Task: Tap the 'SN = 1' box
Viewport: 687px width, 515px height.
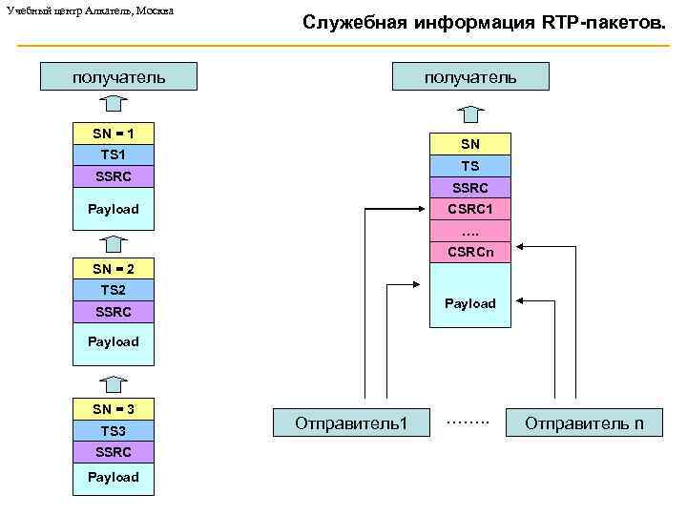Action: point(114,133)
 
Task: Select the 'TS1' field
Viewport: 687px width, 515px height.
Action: point(114,154)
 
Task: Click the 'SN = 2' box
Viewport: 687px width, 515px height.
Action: point(114,268)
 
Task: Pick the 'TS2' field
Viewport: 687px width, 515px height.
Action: point(114,290)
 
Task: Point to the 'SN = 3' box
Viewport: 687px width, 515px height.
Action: point(114,409)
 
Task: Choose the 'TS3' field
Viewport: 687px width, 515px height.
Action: point(114,431)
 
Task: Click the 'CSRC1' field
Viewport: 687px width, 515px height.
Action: point(470,209)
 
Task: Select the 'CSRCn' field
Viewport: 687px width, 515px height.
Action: point(470,253)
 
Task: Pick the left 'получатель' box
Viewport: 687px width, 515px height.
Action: point(118,76)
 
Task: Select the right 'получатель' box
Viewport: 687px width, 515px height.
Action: point(470,76)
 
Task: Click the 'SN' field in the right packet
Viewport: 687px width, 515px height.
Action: point(470,144)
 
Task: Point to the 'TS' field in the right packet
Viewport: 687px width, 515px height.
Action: point(470,166)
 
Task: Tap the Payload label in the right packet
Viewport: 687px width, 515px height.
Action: point(470,303)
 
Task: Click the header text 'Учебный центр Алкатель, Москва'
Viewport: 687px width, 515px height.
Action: point(91,10)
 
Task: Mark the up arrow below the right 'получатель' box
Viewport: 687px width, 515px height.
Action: point(470,113)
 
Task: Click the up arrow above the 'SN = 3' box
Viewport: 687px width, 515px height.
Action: point(114,384)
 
